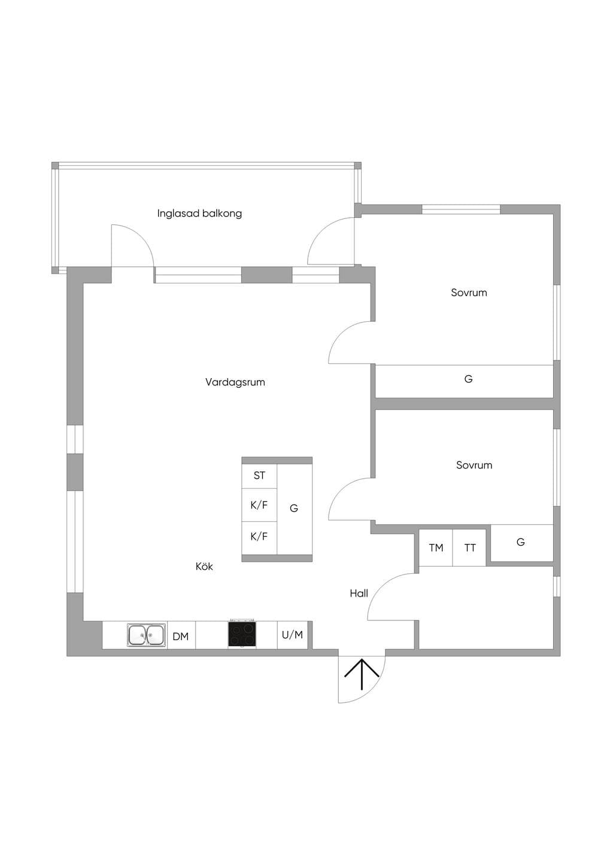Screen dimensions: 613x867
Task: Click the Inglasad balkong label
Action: (x=199, y=214)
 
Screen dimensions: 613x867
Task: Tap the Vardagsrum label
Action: (x=235, y=382)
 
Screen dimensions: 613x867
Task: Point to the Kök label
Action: (x=204, y=566)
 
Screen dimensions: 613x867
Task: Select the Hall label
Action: (x=359, y=594)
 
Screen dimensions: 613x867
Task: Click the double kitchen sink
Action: (x=145, y=635)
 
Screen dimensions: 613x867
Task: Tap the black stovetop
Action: (x=242, y=634)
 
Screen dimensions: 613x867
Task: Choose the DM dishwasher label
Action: (x=180, y=636)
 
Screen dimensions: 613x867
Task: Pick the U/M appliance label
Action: (x=292, y=635)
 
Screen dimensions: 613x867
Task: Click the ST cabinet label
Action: (x=259, y=475)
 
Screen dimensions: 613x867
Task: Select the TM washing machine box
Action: (x=436, y=547)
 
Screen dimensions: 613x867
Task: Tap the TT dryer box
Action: (x=469, y=547)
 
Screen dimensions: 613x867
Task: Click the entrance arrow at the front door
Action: (x=362, y=674)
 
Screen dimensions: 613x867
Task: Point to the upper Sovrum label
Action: (x=469, y=293)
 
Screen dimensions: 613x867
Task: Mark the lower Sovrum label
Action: (x=474, y=465)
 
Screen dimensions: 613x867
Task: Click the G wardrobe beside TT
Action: (x=521, y=543)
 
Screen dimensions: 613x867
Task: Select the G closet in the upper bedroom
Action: (x=464, y=381)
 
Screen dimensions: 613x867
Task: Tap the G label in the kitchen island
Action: (x=294, y=508)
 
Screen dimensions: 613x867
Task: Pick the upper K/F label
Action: (x=259, y=505)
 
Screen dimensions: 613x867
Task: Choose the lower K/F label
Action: (x=259, y=537)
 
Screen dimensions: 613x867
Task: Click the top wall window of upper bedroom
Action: (x=461, y=209)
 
